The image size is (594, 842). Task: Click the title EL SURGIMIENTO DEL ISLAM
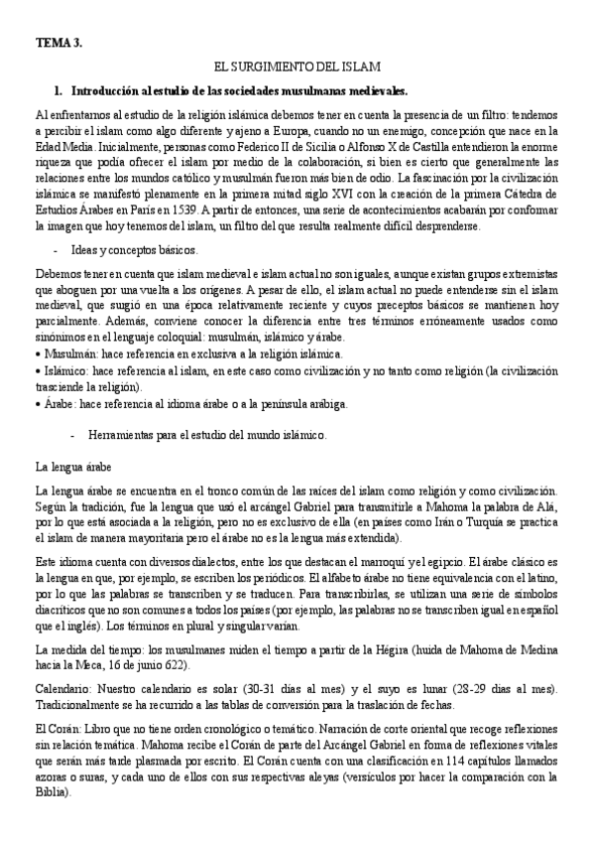297,68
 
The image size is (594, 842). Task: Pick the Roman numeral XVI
362,196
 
